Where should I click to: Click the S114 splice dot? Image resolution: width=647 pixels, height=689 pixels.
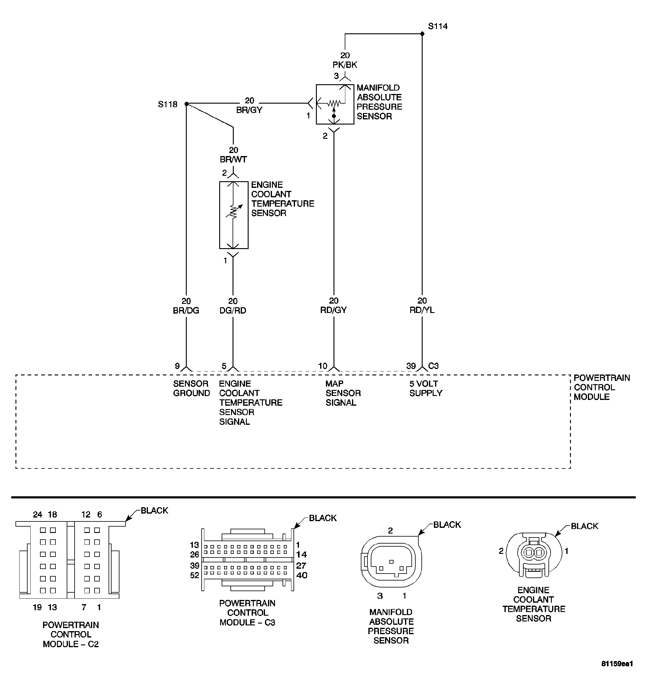422,34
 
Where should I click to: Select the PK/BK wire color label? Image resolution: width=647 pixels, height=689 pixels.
345,65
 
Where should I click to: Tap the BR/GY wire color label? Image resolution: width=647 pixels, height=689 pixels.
249,110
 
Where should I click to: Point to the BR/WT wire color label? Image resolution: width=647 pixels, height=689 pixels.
233,159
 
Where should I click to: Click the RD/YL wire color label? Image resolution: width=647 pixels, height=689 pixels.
422,310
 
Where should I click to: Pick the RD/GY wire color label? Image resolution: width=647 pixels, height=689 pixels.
333,310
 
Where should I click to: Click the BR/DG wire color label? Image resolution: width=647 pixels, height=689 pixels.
186,311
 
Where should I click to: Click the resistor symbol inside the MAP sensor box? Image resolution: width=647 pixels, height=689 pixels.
334,103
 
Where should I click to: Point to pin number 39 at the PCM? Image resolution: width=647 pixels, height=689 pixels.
411,366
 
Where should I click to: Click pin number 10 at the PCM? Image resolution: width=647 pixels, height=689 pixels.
323,366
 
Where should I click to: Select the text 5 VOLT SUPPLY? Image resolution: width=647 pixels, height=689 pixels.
426,388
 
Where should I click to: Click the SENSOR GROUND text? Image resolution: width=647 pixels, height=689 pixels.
191,388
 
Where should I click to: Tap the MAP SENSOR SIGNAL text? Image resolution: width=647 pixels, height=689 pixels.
343,393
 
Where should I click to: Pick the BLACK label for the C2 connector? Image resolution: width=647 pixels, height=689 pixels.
154,511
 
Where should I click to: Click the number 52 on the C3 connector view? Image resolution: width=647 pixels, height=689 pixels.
195,575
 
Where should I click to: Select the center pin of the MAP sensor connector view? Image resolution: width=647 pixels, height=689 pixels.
391,562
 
